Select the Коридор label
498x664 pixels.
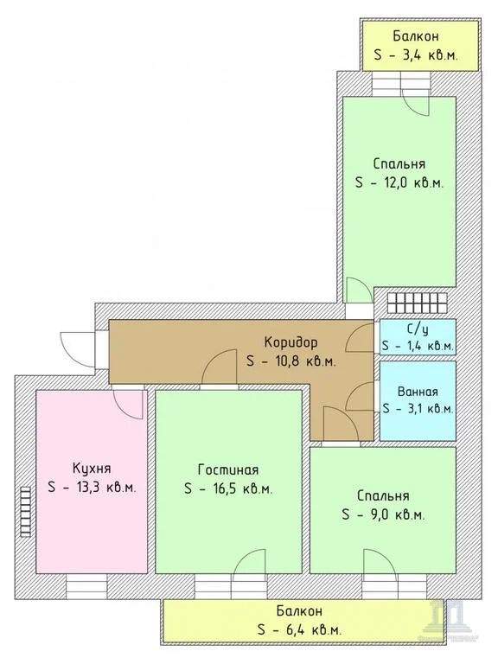coord(290,342)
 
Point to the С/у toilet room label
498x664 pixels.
coord(418,329)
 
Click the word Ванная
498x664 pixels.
coord(418,391)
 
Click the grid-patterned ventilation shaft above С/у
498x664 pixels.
coord(418,302)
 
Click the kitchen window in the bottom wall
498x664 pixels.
coord(86,587)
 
